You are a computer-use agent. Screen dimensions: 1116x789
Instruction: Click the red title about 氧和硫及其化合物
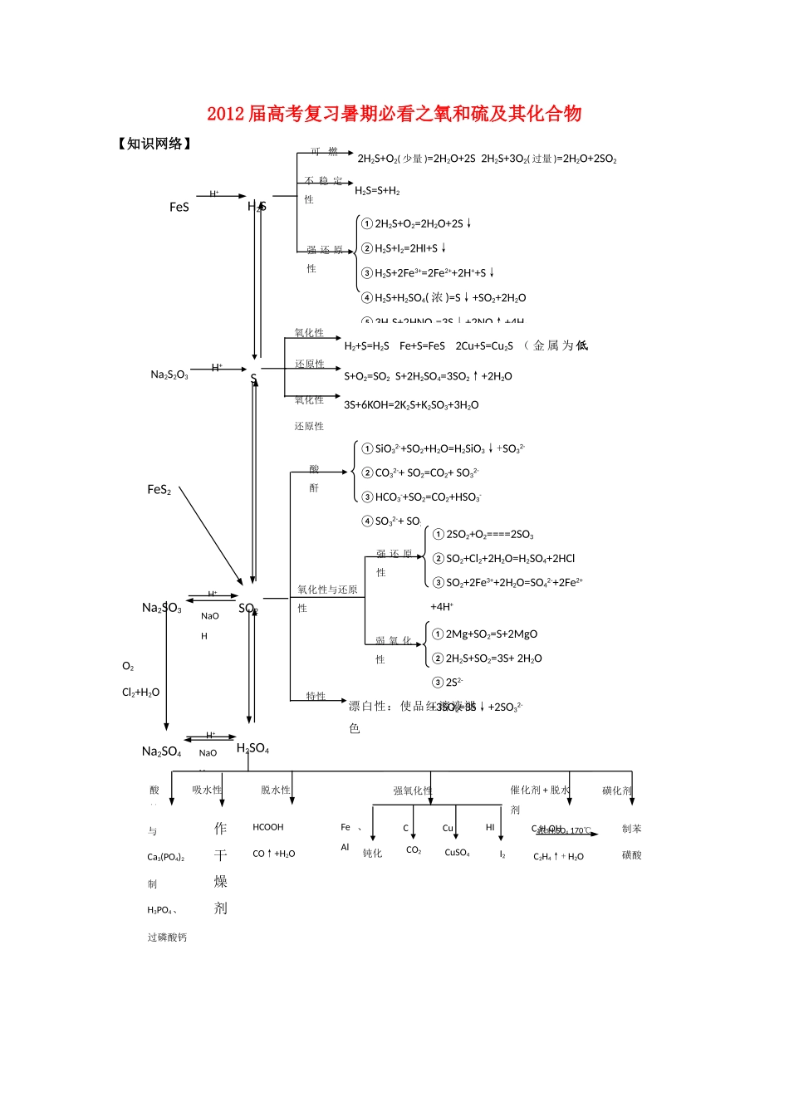point(394,114)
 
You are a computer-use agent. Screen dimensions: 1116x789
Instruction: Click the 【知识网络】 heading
point(155,144)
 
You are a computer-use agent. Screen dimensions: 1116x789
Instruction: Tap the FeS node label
point(179,207)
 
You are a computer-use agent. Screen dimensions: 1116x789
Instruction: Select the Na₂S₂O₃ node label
point(169,374)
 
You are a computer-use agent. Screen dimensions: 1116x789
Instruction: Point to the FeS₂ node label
point(159,490)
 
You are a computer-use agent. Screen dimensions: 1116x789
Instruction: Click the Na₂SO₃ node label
point(162,608)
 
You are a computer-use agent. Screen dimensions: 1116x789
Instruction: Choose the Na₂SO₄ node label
point(161,751)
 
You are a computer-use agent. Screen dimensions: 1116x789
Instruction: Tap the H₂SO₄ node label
point(252,748)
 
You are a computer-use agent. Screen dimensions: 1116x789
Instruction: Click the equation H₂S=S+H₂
point(377,191)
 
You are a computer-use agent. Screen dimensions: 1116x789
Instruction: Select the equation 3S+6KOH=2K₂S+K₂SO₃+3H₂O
point(411,405)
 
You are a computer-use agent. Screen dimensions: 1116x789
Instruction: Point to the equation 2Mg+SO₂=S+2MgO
point(491,634)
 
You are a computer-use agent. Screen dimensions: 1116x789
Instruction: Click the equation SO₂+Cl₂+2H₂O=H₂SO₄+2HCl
point(510,559)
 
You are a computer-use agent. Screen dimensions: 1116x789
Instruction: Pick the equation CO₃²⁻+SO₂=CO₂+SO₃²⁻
point(427,473)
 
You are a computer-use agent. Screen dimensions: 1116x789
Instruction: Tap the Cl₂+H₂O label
point(140,693)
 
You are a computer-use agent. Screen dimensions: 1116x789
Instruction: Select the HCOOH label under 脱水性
point(268,827)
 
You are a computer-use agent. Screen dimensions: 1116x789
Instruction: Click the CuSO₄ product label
point(457,853)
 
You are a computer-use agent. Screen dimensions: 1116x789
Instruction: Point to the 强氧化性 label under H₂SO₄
point(413,791)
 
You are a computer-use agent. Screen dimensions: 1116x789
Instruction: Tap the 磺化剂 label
point(617,791)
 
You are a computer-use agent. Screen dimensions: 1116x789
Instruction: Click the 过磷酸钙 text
point(167,937)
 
